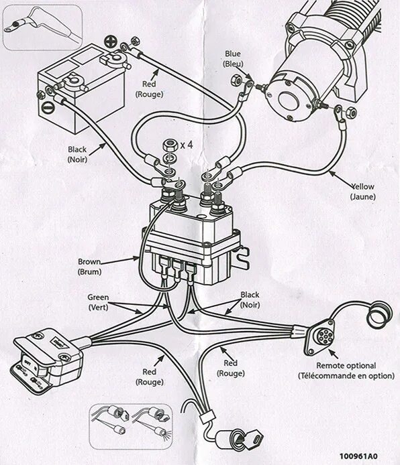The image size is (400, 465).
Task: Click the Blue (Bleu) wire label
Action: (x=233, y=59)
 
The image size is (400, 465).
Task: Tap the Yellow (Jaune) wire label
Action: (x=362, y=192)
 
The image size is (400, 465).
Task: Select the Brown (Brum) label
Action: (x=89, y=267)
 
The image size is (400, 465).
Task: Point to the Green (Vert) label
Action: (x=98, y=302)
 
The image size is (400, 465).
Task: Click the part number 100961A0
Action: (x=358, y=456)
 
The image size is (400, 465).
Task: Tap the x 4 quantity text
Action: (x=187, y=145)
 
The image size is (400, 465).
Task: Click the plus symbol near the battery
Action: (x=111, y=42)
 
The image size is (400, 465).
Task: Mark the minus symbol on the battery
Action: (x=46, y=107)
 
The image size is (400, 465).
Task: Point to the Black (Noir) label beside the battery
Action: (x=77, y=154)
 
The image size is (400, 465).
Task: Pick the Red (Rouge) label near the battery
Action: (x=149, y=89)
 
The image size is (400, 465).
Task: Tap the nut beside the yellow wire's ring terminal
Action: (x=351, y=111)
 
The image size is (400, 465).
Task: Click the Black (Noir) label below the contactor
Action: (x=250, y=300)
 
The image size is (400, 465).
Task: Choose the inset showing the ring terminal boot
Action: (x=43, y=27)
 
